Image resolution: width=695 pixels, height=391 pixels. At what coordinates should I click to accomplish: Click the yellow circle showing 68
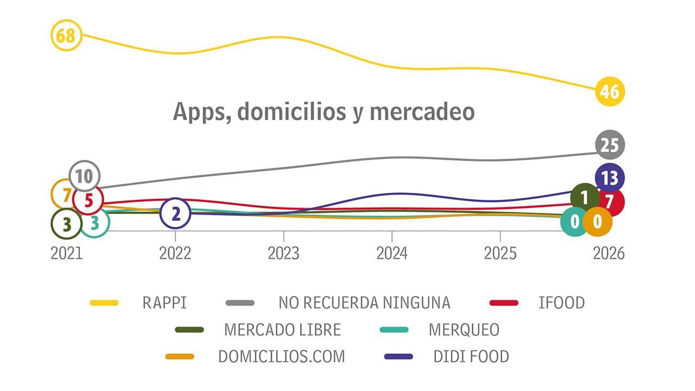tap(66, 36)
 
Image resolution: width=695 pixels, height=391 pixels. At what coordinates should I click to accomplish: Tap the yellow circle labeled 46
tap(610, 91)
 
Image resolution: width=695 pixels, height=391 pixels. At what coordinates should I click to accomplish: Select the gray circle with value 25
tap(610, 145)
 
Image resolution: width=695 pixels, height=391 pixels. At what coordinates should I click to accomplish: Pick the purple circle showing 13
tap(610, 178)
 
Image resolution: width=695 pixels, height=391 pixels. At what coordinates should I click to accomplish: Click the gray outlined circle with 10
tap(84, 176)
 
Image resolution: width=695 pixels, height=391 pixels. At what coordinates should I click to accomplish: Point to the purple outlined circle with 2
tap(175, 213)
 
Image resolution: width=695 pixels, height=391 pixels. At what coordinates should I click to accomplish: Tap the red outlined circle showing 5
tap(89, 200)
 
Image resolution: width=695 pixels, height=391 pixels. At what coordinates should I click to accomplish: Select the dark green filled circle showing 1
tap(585, 197)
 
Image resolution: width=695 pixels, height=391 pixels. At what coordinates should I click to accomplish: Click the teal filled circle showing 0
tap(574, 222)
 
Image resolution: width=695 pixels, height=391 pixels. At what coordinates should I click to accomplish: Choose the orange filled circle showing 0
tap(597, 222)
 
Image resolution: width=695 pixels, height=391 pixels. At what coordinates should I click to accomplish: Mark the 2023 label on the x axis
tap(283, 254)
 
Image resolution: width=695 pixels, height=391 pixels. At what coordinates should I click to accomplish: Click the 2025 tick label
tap(500, 254)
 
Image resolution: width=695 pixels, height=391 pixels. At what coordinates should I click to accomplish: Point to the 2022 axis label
tap(175, 254)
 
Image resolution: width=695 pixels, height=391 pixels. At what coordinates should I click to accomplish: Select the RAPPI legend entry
tap(165, 302)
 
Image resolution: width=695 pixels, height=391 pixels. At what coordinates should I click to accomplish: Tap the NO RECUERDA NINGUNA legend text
tap(364, 302)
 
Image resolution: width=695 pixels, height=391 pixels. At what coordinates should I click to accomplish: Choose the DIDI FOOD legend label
tap(471, 357)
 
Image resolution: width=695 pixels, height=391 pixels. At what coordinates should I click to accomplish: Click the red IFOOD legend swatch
tap(504, 302)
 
